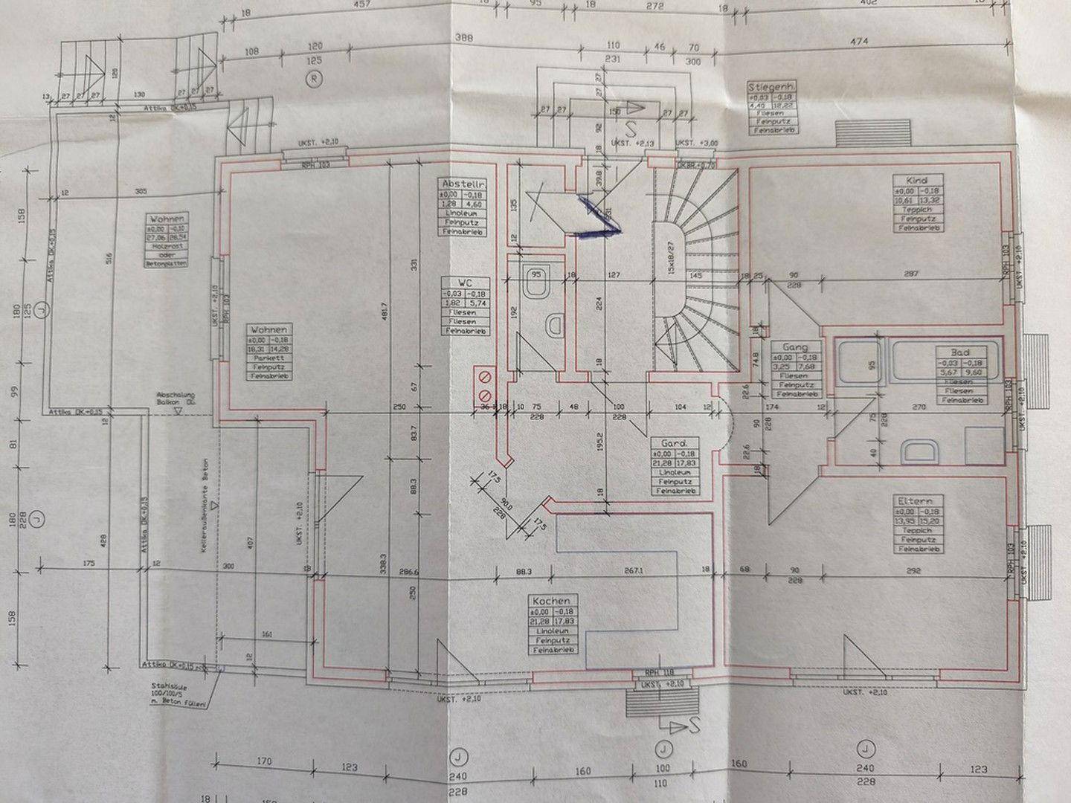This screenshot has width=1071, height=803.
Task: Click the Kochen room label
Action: (551, 600)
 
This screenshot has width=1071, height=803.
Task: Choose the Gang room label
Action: (790, 347)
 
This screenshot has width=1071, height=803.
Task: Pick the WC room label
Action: (464, 283)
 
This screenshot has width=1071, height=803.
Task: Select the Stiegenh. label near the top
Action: (772, 88)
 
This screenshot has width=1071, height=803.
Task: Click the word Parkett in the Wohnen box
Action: (268, 357)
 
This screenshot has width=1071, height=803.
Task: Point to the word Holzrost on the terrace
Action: (167, 246)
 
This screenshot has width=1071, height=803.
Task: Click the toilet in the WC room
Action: (553, 324)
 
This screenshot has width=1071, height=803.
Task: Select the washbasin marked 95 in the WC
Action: (535, 283)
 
